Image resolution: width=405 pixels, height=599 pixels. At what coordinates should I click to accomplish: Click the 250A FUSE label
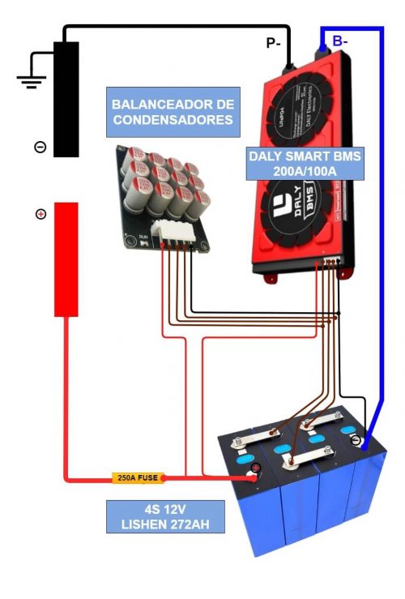[x=137, y=478]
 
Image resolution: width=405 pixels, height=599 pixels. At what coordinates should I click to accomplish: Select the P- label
[x=273, y=44]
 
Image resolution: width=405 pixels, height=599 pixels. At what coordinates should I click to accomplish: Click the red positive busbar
[x=66, y=259]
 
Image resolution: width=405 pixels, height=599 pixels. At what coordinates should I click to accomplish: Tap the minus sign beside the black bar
[x=40, y=147]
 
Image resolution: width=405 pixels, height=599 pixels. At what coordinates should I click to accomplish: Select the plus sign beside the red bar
[x=40, y=214]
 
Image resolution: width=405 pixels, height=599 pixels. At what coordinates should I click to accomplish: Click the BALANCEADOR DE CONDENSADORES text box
[x=173, y=113]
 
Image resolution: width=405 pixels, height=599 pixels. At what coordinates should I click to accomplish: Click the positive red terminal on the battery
[x=256, y=469]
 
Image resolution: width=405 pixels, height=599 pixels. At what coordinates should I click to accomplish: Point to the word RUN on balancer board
[x=143, y=237]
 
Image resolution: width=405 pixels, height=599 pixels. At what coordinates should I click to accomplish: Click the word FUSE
[x=149, y=478]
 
